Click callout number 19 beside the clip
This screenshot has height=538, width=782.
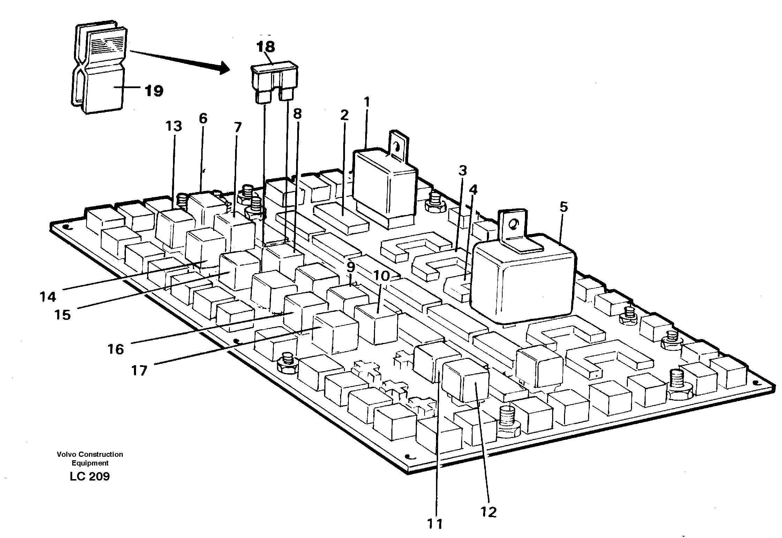click(154, 91)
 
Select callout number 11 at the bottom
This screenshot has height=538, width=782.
click(435, 524)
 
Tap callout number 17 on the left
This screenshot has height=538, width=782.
click(139, 371)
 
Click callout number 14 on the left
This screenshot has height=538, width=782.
click(47, 297)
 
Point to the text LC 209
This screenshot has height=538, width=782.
click(90, 476)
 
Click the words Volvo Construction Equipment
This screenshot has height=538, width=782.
click(90, 459)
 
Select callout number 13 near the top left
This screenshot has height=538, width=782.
click(174, 126)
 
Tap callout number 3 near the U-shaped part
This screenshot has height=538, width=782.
click(463, 171)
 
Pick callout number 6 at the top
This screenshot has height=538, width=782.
click(203, 119)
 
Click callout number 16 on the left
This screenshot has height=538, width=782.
click(115, 349)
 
